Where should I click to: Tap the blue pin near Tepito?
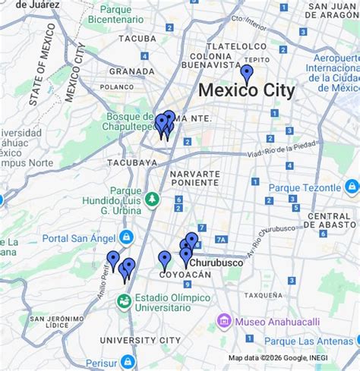pyautogui.click(x=247, y=73)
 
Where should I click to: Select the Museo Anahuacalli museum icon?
pyautogui.click(x=224, y=321)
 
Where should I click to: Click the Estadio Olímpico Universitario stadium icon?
pyautogui.click(x=122, y=301)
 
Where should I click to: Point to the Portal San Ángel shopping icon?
pyautogui.click(x=126, y=237)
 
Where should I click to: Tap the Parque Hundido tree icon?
pyautogui.click(x=152, y=199)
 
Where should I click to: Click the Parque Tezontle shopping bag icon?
pyautogui.click(x=351, y=187)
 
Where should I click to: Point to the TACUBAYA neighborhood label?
pyautogui.click(x=132, y=162)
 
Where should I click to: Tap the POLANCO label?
pyautogui.click(x=117, y=87)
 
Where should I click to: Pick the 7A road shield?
pyautogui.click(x=221, y=240)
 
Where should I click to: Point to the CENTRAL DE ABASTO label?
pyautogui.click(x=333, y=220)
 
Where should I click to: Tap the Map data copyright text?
pyautogui.click(x=278, y=357)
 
